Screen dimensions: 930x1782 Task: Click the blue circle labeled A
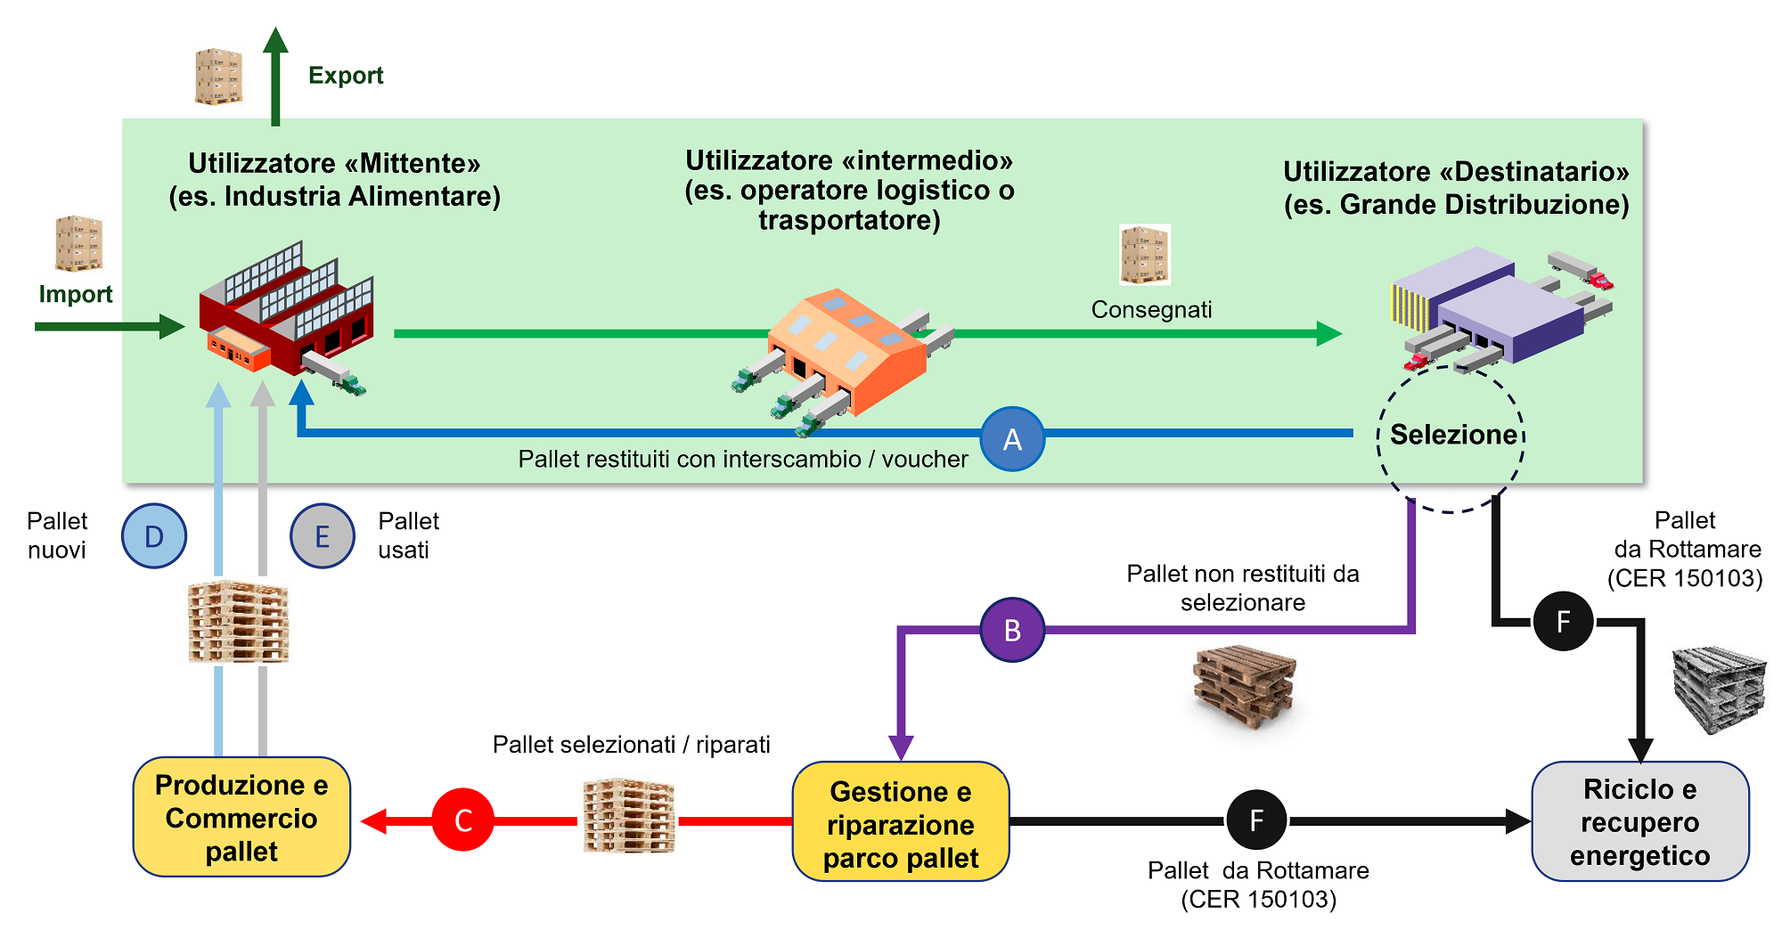coord(1012,439)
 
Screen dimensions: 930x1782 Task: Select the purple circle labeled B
coord(1012,630)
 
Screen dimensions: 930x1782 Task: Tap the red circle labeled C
coord(462,820)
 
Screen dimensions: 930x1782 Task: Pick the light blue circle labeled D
coord(154,536)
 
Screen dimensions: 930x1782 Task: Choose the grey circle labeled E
coord(323,536)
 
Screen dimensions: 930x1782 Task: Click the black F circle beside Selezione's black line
coord(1563,621)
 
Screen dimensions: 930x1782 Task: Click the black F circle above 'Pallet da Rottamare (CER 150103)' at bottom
coord(1256,820)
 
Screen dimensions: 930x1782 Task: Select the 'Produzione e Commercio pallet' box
coord(241,818)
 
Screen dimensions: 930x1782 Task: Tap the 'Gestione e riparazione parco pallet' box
coord(900,822)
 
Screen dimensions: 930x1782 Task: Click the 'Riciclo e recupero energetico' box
coord(1639,821)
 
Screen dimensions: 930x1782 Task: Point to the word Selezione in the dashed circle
coord(1452,435)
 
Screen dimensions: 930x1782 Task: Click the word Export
coord(346,76)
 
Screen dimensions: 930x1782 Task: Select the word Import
coord(76,294)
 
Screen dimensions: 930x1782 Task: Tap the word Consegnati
coord(1151,310)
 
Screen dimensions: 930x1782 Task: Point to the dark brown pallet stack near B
coord(1244,686)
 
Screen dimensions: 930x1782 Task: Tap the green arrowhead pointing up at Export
coord(275,41)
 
